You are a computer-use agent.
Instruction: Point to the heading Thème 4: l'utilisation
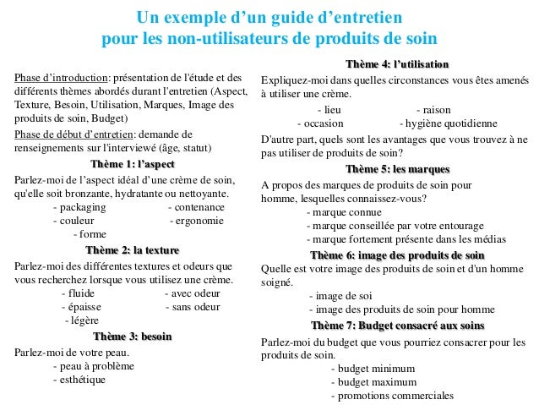pos(397,65)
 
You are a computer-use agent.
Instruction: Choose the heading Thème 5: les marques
pos(397,168)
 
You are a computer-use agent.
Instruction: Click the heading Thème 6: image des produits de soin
pos(397,254)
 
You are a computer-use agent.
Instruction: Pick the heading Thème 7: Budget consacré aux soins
pos(397,326)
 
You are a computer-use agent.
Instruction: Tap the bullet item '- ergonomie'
pos(197,221)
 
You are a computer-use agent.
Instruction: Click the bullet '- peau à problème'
pos(92,366)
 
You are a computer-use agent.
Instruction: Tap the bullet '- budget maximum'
pos(369,382)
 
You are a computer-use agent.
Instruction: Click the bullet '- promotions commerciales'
pos(392,396)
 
